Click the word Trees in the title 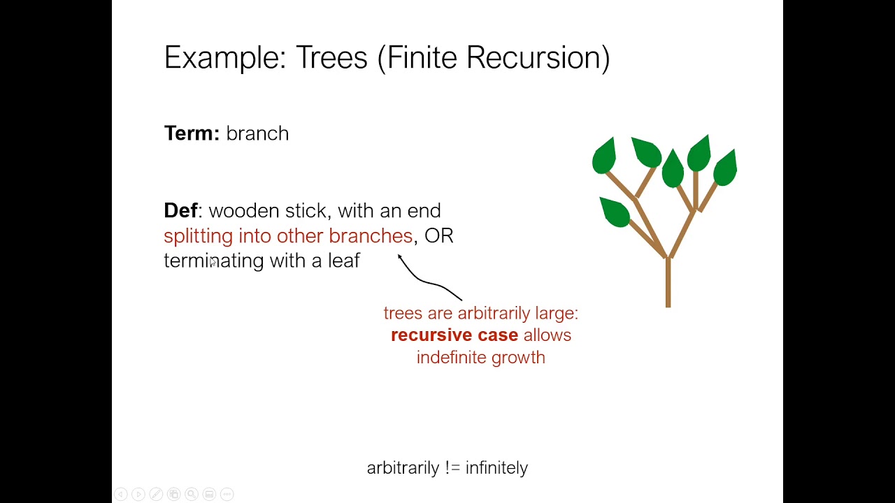(x=331, y=57)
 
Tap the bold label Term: (x=192, y=133)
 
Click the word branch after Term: (x=257, y=133)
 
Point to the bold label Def (x=180, y=211)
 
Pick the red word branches (x=371, y=236)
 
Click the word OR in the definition (x=439, y=236)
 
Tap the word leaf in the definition (x=344, y=261)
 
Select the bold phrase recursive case (x=454, y=335)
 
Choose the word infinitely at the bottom (x=496, y=468)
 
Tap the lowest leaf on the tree (x=615, y=212)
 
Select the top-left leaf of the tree (x=604, y=155)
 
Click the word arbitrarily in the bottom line (x=403, y=468)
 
